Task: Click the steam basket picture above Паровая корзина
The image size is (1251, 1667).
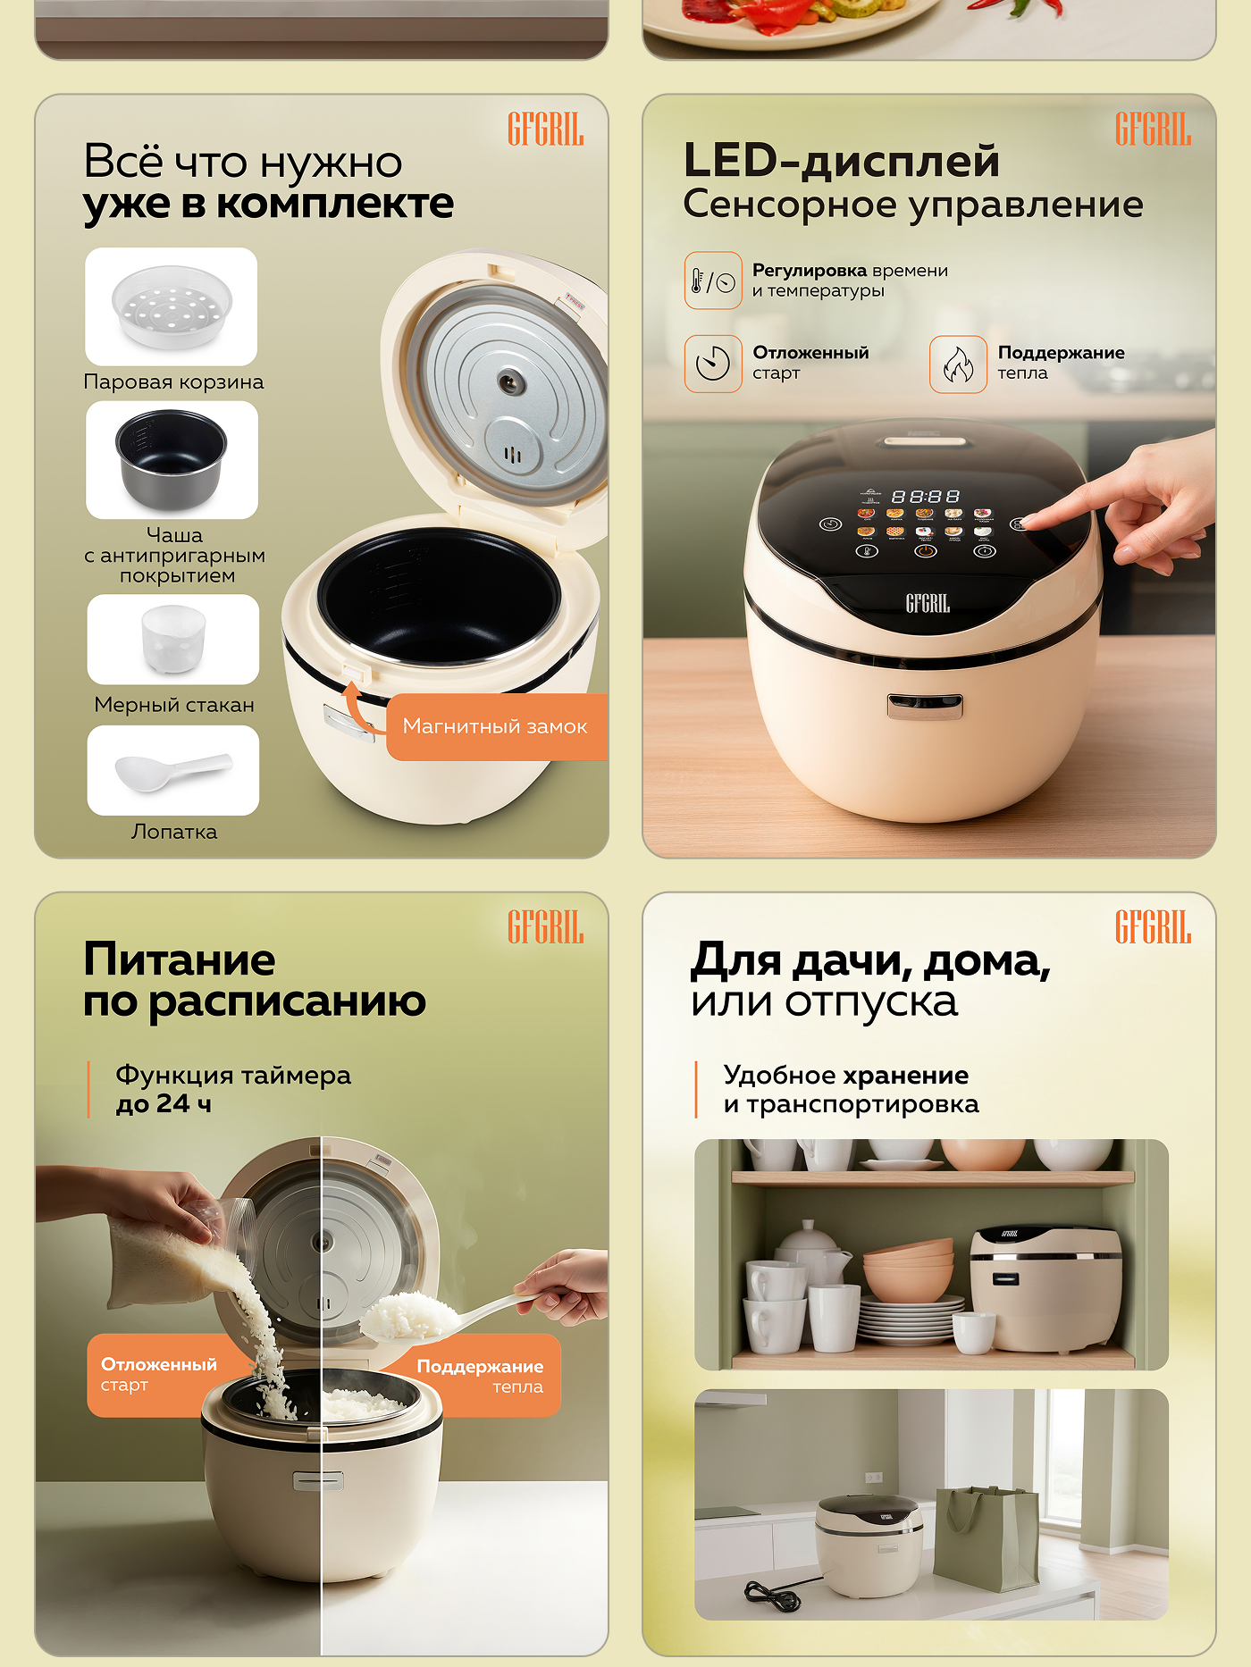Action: tap(172, 306)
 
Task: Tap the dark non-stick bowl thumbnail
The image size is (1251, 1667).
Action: tap(172, 458)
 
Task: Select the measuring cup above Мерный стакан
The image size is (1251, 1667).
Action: tap(173, 639)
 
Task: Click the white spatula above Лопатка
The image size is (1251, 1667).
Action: tap(172, 770)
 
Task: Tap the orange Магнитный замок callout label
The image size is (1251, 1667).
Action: tap(496, 726)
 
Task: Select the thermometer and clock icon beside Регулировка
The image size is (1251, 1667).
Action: tap(713, 281)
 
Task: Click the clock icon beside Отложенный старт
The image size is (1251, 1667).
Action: tap(713, 364)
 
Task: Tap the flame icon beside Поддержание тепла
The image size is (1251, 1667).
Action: tap(958, 364)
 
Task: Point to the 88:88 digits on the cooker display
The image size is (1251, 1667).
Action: tap(926, 496)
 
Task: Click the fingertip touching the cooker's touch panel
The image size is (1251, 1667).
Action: tap(1029, 523)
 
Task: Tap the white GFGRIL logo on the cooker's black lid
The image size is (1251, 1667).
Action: tap(928, 604)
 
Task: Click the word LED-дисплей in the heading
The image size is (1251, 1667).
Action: tap(841, 162)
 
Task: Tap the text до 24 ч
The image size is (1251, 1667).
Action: tap(164, 1104)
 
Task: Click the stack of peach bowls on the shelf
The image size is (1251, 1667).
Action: tap(908, 1269)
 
